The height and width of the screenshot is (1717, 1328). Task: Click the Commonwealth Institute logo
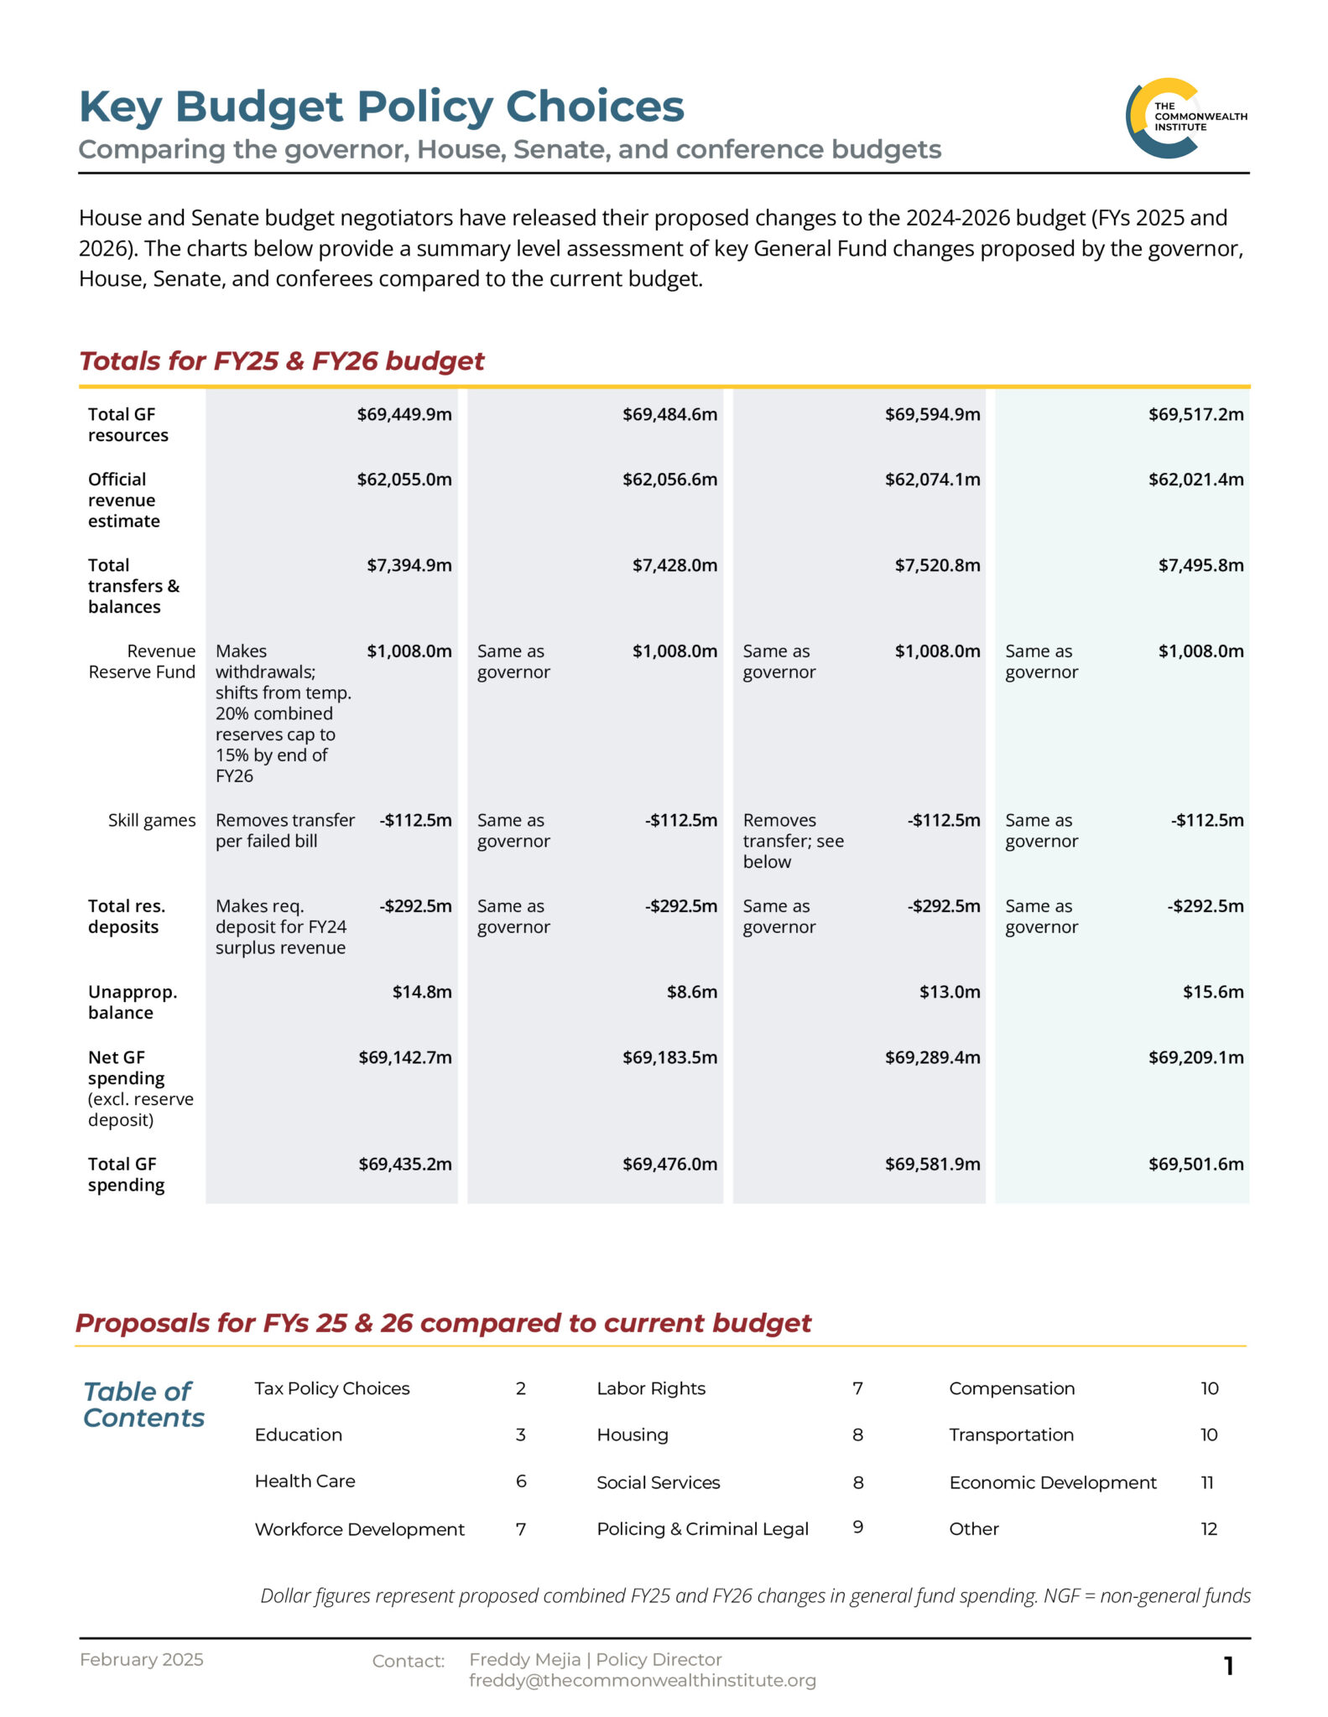pos(1185,117)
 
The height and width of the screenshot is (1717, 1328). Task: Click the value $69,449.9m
pos(404,414)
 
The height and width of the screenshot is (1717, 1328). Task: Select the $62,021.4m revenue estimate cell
pos(1195,480)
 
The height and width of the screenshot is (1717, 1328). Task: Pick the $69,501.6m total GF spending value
pos(1195,1164)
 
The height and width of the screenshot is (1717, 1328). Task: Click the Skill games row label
pos(151,820)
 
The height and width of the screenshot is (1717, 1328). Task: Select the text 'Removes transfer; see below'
pos(793,841)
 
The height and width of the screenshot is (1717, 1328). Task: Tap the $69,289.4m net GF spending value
pos(932,1057)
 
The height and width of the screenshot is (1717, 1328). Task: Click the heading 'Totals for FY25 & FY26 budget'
pos(281,361)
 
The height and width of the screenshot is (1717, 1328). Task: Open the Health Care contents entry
pos(305,1481)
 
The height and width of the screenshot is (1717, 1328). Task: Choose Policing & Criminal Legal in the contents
pos(702,1528)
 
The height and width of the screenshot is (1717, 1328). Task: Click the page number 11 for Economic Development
pos(1206,1482)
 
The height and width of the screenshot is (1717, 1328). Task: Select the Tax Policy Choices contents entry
pos(331,1388)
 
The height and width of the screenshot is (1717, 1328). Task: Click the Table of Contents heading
pos(143,1404)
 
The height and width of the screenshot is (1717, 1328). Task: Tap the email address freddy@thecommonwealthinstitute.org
pos(642,1680)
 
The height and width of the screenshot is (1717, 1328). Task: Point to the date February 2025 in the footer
pos(141,1659)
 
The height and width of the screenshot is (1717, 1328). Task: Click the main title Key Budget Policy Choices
pos(381,106)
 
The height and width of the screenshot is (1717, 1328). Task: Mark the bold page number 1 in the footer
pos(1228,1666)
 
